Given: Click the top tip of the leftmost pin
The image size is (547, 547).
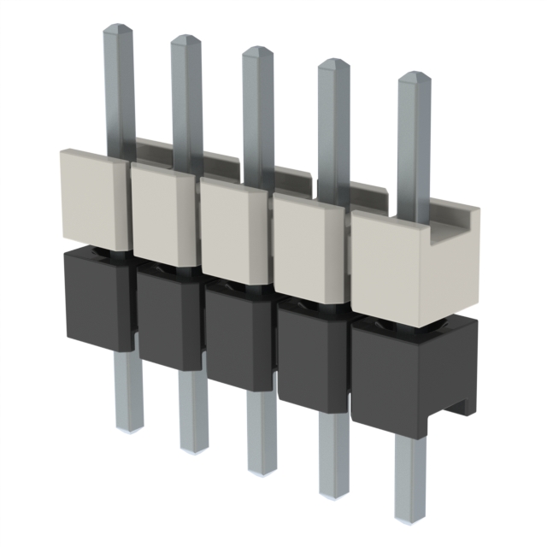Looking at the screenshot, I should (118, 28).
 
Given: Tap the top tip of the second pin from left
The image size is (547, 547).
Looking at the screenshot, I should (185, 38).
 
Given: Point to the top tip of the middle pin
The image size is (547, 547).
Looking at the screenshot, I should (256, 50).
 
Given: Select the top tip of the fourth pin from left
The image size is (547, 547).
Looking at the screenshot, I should (332, 62).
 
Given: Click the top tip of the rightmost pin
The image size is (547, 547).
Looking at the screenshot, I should (415, 76).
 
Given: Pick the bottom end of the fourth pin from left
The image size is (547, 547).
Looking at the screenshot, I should (334, 492).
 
